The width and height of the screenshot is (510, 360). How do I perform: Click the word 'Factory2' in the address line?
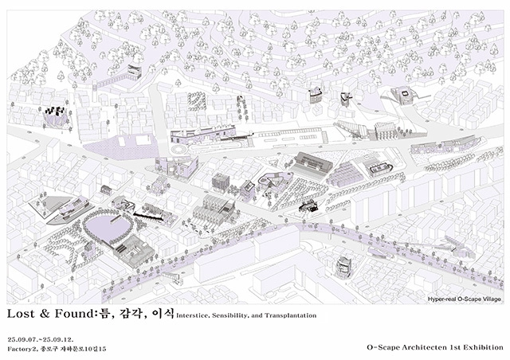point(24,349)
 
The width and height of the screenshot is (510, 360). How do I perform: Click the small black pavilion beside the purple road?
point(308,207)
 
